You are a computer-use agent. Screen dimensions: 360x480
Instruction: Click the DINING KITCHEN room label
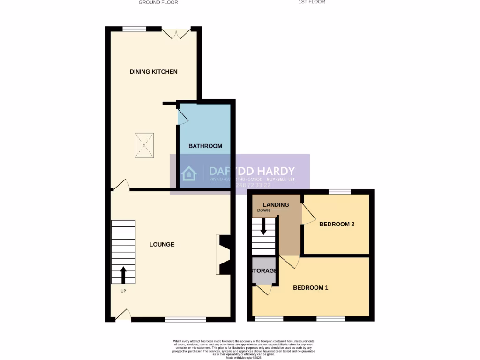pos(153,72)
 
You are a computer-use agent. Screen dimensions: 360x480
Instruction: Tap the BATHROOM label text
pos(205,146)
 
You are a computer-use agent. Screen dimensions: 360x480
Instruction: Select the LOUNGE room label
pos(162,244)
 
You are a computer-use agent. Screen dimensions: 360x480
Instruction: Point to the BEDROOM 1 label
pos(310,287)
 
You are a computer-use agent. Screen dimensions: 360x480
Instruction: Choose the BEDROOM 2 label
pos(337,224)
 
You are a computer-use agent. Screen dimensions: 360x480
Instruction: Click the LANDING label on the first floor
pos(276,205)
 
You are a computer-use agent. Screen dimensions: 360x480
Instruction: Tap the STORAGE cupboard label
pos(264,271)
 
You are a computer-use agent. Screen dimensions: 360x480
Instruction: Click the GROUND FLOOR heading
pos(158,2)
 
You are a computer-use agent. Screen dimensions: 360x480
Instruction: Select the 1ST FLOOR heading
pos(312,2)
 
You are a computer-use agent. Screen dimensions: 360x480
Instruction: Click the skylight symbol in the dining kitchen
pos(145,144)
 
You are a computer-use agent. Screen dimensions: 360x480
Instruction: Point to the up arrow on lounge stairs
pos(123,275)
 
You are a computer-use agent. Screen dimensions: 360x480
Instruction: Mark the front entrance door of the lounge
pos(123,315)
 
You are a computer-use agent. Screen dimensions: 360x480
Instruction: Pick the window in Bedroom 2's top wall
pos(339,192)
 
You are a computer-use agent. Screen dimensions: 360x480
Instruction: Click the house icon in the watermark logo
pos(189,173)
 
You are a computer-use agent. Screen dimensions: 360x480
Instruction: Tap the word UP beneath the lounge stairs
pos(123,291)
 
